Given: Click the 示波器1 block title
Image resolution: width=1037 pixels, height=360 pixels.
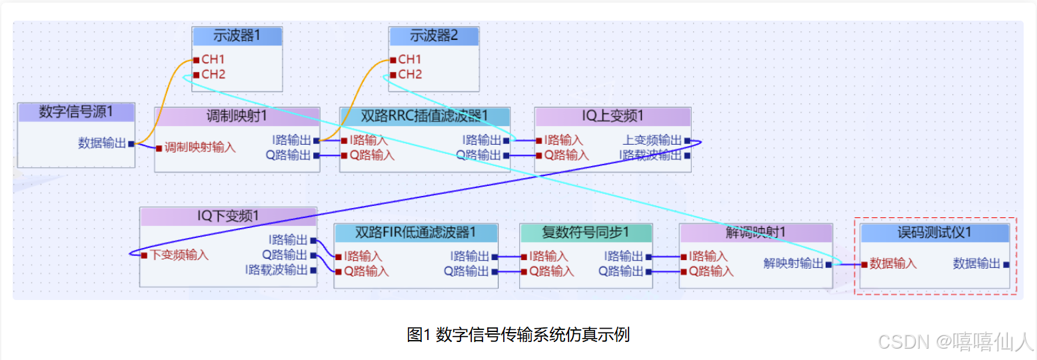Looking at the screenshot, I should coord(237,36).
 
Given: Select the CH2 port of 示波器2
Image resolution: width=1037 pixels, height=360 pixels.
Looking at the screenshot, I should coord(409,74).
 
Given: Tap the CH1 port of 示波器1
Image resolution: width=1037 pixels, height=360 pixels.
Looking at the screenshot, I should coord(213,59).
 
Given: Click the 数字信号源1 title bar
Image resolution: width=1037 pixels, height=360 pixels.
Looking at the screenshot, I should coord(76,112).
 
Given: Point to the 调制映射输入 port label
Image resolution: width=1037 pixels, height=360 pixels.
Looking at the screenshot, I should coord(199,147).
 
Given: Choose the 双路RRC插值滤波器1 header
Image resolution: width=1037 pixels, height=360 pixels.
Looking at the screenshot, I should coord(425,116).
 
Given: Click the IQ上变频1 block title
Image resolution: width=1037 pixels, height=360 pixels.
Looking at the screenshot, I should coord(612,116).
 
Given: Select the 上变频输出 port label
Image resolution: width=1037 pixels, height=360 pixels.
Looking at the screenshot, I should coord(652,140).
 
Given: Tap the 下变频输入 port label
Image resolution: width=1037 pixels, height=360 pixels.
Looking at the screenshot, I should coord(179,255).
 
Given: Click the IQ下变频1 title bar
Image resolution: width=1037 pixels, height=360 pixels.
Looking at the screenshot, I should coord(227,216).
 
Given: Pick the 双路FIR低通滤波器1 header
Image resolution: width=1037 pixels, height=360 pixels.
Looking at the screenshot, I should coord(416,232).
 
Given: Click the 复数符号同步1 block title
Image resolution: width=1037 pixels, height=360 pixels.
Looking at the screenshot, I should coord(585,232).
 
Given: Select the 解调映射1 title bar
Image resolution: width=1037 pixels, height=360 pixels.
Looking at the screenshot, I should coord(755,232).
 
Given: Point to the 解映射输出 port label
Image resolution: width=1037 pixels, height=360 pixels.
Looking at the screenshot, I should coord(793,263).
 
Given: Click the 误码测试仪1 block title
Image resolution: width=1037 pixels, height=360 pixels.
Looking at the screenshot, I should coord(934,232).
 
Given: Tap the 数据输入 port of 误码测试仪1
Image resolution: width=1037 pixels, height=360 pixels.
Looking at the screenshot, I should coord(892,263).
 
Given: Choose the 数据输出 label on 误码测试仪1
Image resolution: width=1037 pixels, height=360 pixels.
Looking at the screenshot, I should coord(976,263).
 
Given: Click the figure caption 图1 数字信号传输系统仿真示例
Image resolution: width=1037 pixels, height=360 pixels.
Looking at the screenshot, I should coord(518,335).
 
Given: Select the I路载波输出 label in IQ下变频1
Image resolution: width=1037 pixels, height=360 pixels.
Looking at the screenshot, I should coord(276,270).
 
